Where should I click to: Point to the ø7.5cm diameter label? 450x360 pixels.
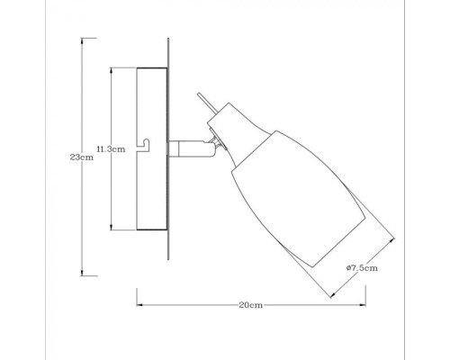[360, 267]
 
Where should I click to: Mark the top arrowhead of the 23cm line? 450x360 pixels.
[83, 39]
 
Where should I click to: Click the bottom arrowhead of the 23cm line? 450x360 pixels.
[83, 274]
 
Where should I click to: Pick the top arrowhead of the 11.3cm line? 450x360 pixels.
[111, 68]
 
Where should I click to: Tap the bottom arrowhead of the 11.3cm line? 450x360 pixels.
[111, 228]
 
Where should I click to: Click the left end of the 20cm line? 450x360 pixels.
[137, 305]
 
